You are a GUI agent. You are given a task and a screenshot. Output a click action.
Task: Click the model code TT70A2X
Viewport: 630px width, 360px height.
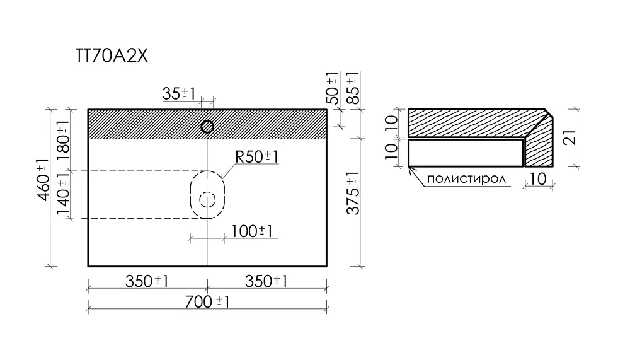(x=112, y=56)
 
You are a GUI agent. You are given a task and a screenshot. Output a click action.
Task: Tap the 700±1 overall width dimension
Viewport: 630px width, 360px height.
(x=207, y=301)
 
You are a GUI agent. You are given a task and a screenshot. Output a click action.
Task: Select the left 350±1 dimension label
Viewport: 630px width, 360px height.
(x=147, y=281)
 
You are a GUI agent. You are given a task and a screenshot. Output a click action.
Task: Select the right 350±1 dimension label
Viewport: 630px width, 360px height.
(x=266, y=281)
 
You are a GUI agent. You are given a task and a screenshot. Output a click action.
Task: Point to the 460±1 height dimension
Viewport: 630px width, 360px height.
(x=43, y=179)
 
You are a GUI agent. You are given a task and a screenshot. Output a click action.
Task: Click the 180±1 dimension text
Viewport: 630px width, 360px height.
(x=63, y=141)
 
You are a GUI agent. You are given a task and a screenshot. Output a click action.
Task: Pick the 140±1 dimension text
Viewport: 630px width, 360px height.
(x=63, y=196)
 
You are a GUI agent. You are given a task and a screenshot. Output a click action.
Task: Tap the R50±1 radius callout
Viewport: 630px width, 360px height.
(x=257, y=157)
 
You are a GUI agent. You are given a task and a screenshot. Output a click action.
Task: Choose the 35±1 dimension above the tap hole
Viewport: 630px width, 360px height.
(x=179, y=94)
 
